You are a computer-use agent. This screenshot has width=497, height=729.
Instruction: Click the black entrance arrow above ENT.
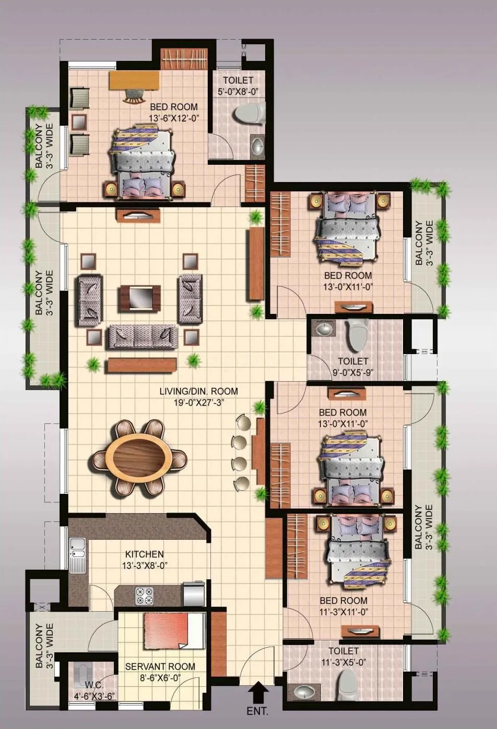(x=258, y=694)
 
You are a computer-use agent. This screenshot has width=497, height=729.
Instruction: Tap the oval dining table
(x=138, y=458)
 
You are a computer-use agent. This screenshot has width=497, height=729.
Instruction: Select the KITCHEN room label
(x=145, y=554)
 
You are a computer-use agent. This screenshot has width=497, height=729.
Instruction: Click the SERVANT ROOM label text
(x=160, y=666)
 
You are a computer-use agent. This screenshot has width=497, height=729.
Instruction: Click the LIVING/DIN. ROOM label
(x=198, y=391)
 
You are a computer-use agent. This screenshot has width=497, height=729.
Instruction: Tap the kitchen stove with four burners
(x=145, y=595)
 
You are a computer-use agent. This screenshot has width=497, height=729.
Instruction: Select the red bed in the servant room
(x=169, y=630)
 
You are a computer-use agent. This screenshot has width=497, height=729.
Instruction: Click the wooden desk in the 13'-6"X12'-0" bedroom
(x=134, y=80)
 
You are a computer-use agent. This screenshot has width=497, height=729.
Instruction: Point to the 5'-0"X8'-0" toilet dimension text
(x=238, y=92)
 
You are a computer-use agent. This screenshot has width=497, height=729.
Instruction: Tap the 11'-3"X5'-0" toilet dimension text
(x=344, y=662)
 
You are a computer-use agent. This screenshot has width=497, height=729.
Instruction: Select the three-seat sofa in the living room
(x=143, y=336)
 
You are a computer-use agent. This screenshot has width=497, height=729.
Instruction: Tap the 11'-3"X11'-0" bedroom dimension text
(x=344, y=612)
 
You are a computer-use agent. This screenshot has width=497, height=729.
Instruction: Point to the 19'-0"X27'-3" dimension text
(x=199, y=403)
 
